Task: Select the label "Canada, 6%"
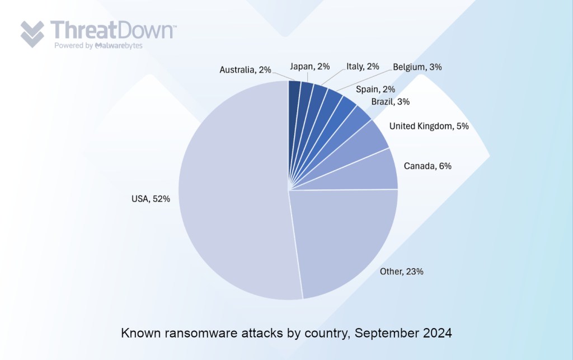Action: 428,166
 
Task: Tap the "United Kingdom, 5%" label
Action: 429,127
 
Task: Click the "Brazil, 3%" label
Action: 391,101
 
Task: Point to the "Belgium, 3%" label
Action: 417,67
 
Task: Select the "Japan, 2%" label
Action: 309,67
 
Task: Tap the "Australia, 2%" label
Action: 245,70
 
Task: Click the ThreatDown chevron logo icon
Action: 32,34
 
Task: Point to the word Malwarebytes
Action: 119,45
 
